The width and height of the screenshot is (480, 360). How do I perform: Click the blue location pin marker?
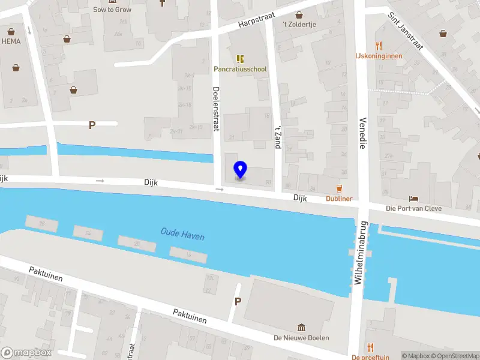(x=240, y=170)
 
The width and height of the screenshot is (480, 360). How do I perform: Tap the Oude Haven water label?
(x=182, y=234)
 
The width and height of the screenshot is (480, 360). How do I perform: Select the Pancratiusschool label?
(x=240, y=69)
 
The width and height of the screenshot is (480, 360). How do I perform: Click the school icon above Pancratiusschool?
(x=240, y=58)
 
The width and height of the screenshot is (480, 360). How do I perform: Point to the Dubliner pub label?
(x=339, y=199)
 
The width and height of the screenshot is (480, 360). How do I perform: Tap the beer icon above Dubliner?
(x=339, y=188)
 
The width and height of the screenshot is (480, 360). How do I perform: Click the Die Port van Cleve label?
(x=414, y=209)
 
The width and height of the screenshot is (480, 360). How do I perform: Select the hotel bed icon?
(x=414, y=199)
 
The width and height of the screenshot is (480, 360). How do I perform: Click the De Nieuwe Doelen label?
(x=301, y=338)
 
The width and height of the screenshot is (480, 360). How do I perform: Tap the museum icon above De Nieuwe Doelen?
(x=301, y=327)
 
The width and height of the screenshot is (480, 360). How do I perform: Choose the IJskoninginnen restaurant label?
(x=379, y=56)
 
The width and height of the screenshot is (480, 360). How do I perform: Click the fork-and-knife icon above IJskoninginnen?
(x=379, y=45)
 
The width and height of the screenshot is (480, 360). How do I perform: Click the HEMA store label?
(x=11, y=41)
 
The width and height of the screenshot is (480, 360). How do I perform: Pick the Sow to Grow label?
(x=112, y=10)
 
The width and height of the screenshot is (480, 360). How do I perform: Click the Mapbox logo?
(x=26, y=353)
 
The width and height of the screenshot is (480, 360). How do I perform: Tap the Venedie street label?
(x=362, y=133)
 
